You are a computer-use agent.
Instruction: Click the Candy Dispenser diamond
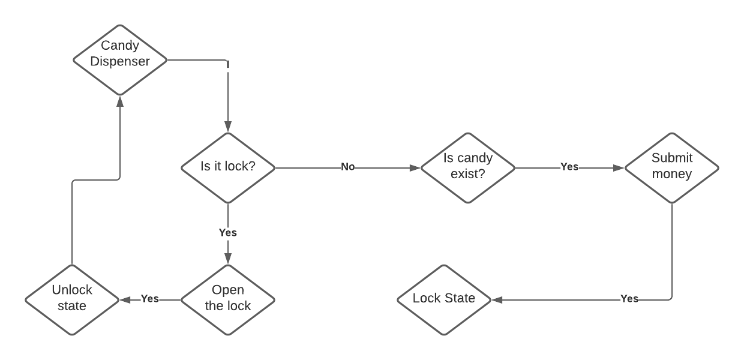120,59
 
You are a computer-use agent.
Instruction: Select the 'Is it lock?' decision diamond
227,167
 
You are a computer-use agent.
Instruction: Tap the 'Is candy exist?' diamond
467,167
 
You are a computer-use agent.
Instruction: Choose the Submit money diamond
671,167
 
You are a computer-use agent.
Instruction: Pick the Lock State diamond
444,299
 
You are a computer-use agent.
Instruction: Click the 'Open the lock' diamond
227,299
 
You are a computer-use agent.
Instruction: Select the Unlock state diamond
72,299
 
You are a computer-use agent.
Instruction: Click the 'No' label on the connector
348,167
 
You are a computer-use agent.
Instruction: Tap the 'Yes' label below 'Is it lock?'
227,233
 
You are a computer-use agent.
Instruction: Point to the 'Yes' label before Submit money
569,167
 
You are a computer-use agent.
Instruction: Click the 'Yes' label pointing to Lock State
629,299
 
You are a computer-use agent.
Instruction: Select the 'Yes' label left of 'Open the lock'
149,299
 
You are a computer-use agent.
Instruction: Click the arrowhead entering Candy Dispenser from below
120,101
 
